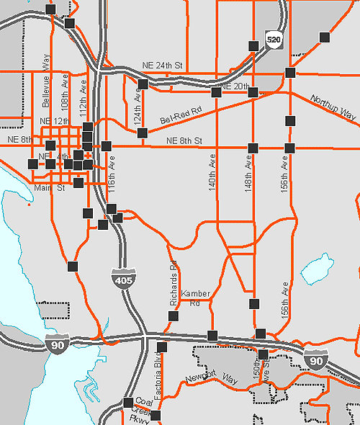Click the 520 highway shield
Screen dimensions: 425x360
point(272,38)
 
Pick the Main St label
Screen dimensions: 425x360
point(51,189)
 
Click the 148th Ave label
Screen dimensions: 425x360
point(249,175)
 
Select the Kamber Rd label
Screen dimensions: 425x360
point(195,298)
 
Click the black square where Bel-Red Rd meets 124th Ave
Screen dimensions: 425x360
point(143,133)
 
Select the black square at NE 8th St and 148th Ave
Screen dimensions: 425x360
point(253,148)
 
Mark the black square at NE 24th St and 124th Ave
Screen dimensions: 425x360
point(143,84)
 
